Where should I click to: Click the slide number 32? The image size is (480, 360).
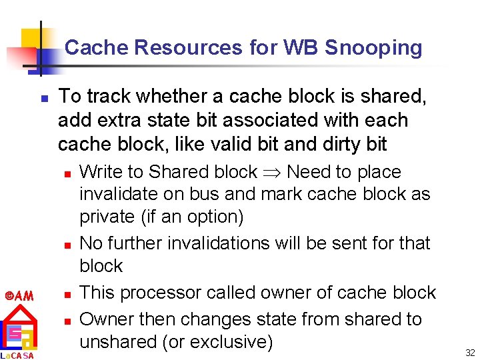coord(469,352)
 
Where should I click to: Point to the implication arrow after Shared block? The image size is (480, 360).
coord(271,172)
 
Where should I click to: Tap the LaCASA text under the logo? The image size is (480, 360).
coord(16,355)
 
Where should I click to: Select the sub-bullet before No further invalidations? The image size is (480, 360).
coord(67,245)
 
